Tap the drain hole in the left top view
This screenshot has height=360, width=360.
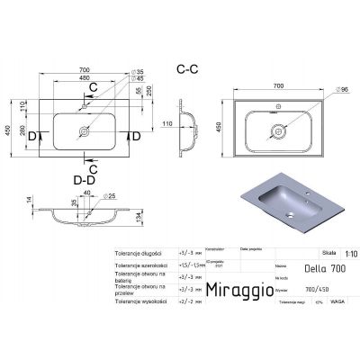click(x=86, y=130)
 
